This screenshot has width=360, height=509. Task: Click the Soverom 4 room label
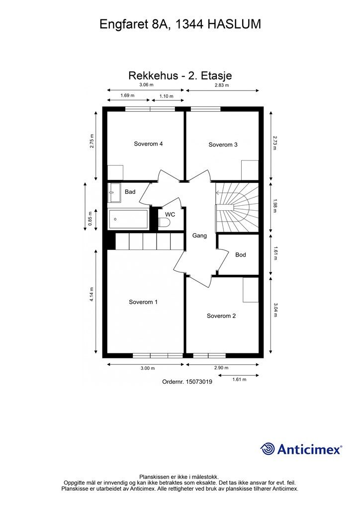148,144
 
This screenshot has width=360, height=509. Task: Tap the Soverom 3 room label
223,145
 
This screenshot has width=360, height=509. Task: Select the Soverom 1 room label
143,302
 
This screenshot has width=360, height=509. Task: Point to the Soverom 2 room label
221,316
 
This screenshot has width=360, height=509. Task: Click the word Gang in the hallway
199,236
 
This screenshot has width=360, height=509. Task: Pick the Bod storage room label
241,255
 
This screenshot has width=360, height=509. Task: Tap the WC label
170,215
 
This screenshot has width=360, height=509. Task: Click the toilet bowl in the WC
165,223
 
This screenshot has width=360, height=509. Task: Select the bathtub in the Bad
128,219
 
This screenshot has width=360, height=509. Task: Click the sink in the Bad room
113,192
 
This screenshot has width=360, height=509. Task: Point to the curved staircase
237,207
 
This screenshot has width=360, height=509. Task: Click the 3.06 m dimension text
146,85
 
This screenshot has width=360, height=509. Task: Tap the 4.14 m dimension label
92,294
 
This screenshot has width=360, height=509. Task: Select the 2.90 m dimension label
221,368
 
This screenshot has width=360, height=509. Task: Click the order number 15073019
199,382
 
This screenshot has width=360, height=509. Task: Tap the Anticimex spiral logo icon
268,449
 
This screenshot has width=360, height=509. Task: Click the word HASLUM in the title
234,24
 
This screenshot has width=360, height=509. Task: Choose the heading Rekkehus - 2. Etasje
180,76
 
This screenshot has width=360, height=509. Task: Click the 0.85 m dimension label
90,218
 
